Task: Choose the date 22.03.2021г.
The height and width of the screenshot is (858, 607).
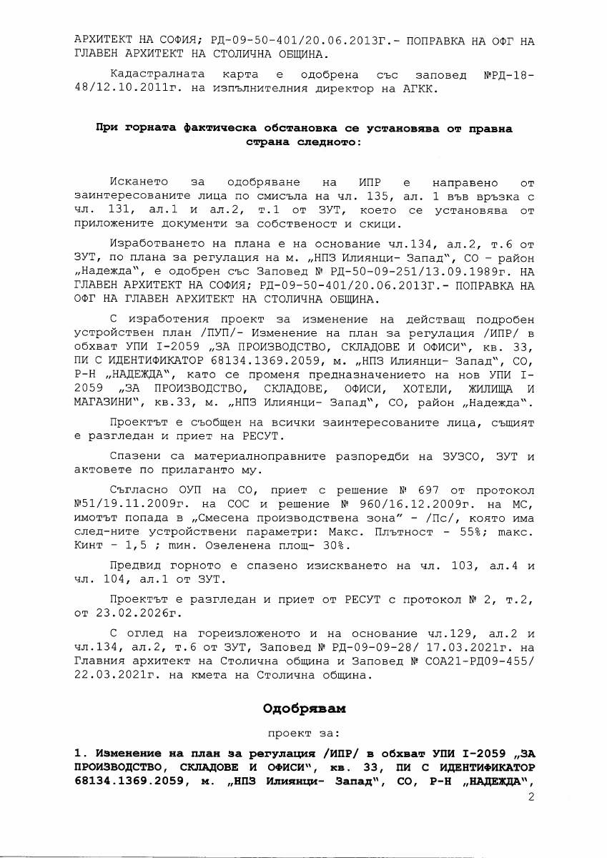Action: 115,677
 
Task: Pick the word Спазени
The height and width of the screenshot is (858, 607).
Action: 136,455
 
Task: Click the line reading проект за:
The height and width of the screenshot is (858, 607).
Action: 303,733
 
